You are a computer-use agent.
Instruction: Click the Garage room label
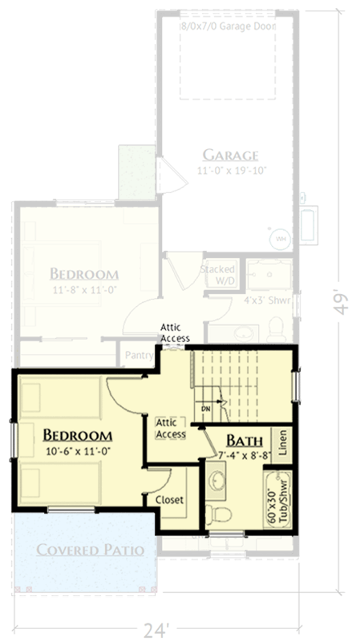229,155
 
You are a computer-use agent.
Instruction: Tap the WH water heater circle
281,238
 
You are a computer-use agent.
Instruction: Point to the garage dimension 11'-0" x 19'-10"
229,171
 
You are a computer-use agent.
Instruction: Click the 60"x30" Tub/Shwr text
278,501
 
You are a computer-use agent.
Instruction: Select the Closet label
169,499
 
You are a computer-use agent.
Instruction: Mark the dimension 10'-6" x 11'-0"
77,451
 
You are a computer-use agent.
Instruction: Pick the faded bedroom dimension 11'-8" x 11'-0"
83,289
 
